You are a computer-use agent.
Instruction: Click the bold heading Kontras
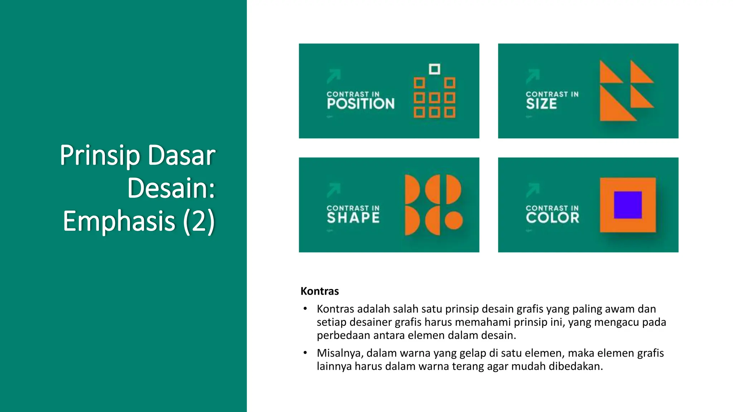[319, 291]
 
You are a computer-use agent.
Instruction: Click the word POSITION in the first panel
[360, 104]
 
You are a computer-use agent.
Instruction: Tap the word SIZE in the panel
[541, 104]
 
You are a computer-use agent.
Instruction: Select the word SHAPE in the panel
[353, 218]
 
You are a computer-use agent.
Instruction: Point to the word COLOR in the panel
[552, 218]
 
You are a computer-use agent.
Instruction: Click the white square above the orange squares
[435, 69]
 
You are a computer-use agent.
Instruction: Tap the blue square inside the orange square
[628, 205]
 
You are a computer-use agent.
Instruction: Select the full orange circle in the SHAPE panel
[454, 220]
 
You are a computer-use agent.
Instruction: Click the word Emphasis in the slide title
[119, 221]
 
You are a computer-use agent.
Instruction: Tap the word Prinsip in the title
[100, 155]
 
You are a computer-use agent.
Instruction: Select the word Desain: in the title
[171, 188]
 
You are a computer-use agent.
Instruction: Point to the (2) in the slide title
[199, 221]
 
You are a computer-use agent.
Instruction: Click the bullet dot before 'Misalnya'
[305, 353]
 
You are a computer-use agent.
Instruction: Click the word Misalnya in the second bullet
[340, 353]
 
